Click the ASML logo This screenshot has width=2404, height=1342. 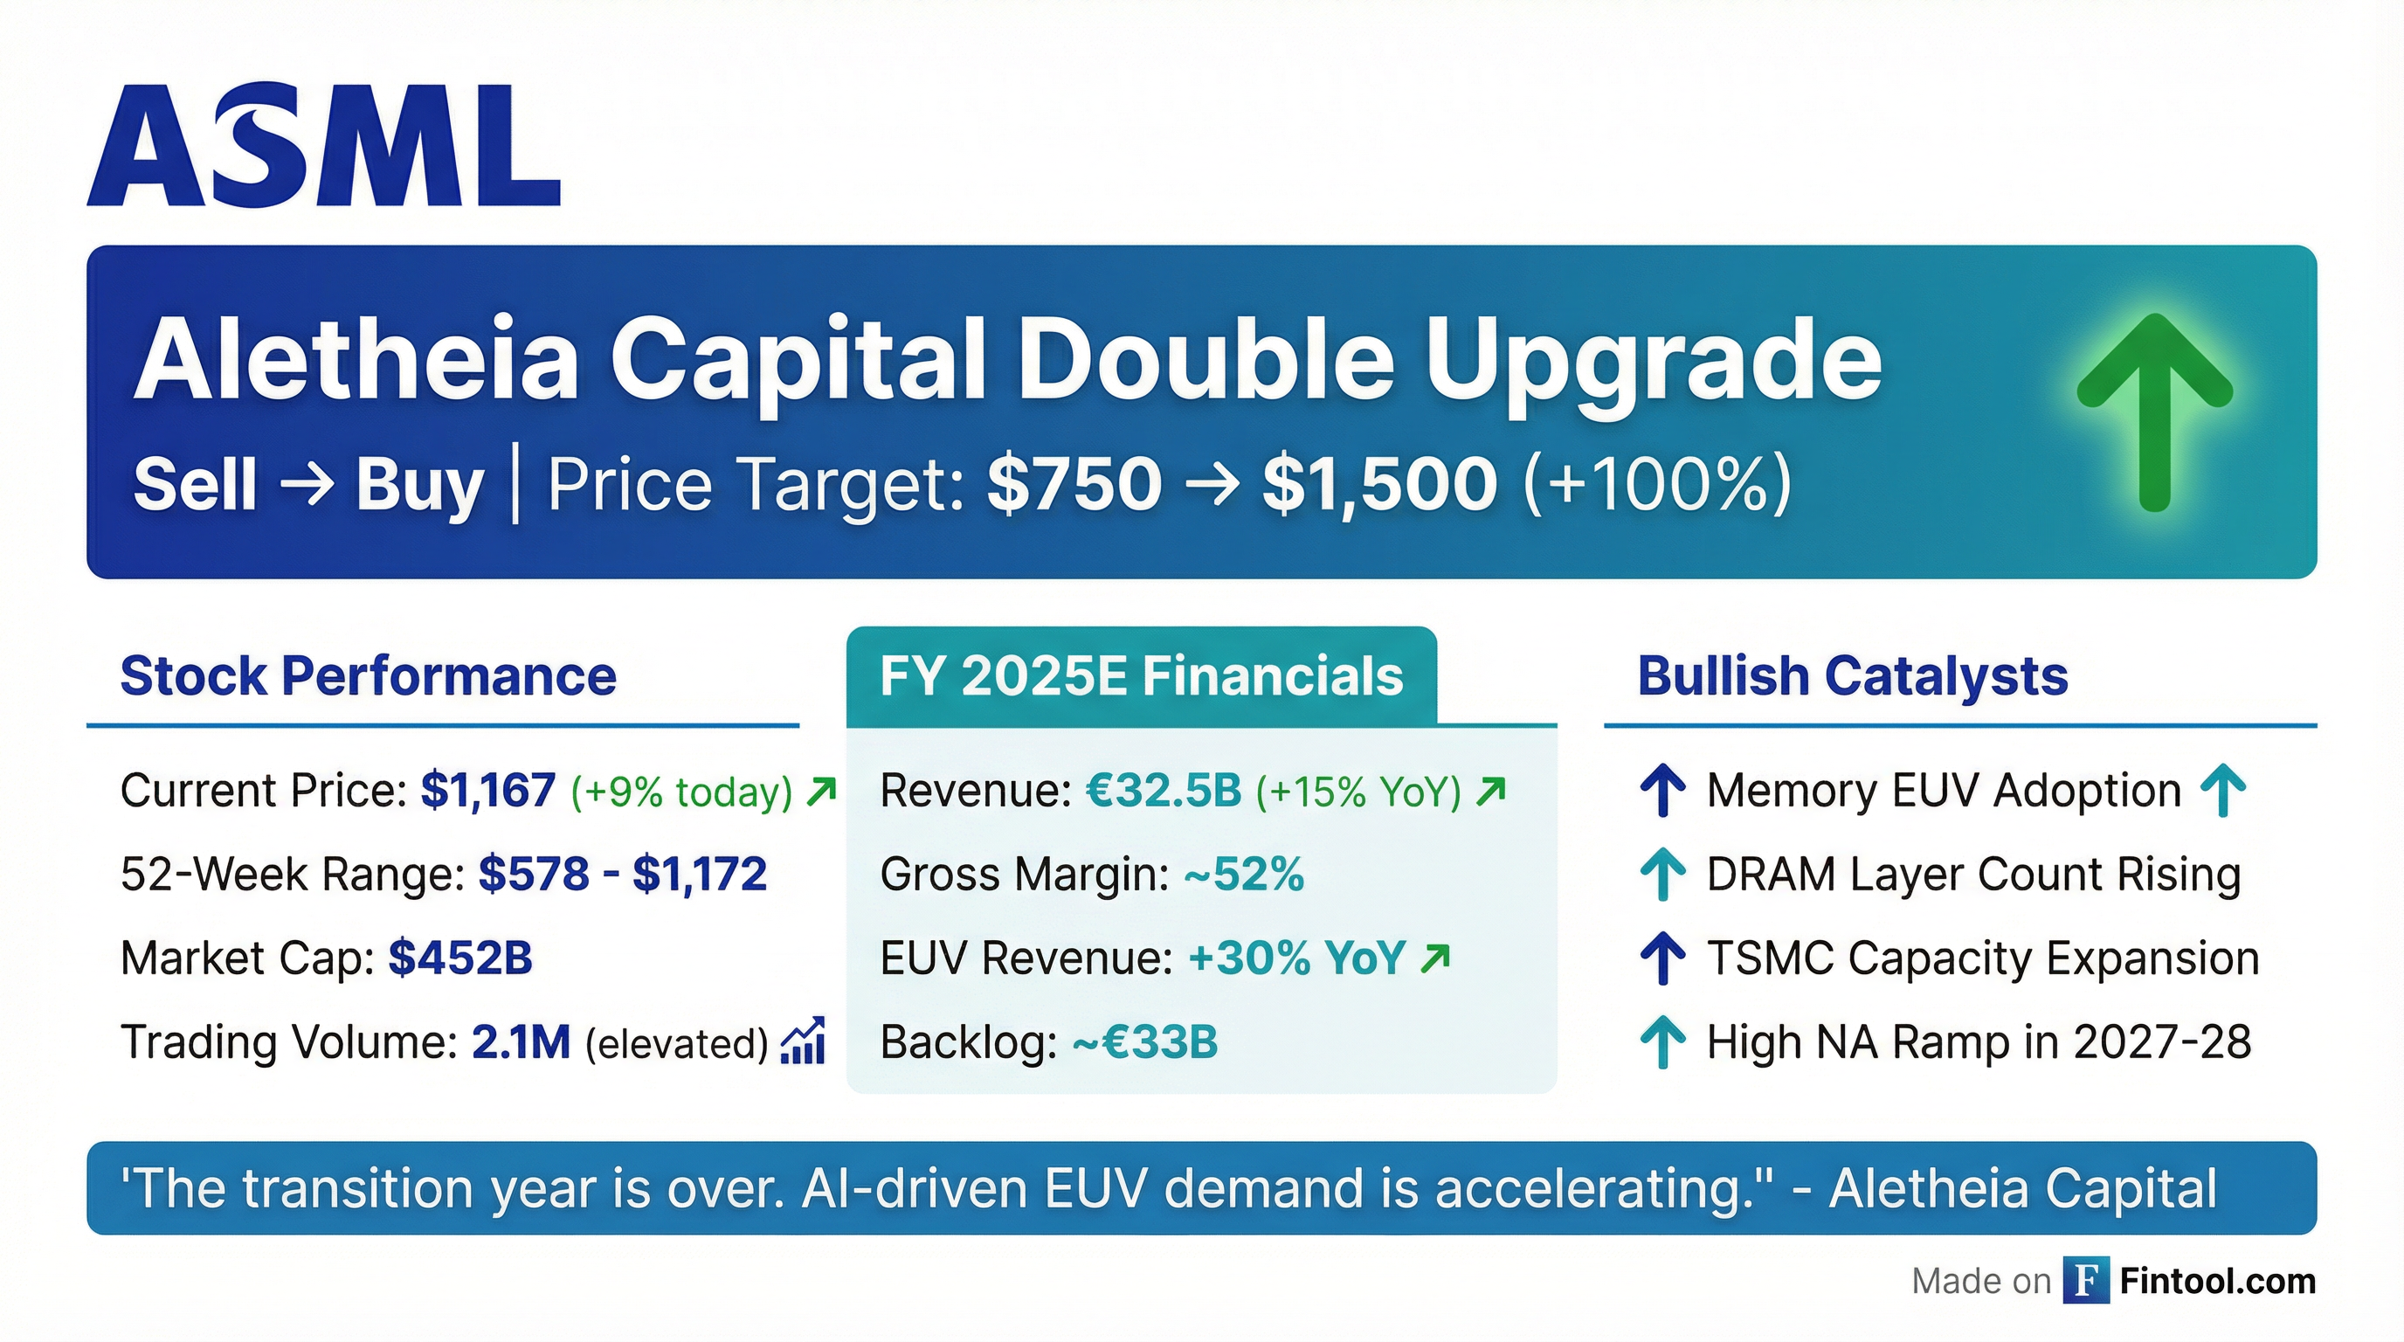point(323,146)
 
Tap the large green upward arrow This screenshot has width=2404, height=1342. point(2154,411)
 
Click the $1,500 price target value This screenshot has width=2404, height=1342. point(1379,484)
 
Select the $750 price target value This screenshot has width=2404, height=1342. point(1074,484)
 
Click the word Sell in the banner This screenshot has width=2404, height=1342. point(195,484)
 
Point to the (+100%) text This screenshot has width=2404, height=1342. point(1657,484)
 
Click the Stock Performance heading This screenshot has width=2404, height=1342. point(368,675)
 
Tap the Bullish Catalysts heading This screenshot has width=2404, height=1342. point(1853,675)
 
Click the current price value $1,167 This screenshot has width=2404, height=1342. point(488,791)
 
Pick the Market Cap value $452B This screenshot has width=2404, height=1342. point(460,958)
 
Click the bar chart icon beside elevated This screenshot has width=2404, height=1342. point(803,1041)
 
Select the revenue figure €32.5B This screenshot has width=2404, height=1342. point(1164,791)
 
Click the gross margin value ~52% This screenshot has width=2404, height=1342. point(1243,875)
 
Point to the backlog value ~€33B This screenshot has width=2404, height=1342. point(1145,1042)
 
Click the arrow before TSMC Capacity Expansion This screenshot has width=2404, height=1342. point(1662,958)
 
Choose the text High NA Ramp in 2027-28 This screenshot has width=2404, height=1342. point(1979,1042)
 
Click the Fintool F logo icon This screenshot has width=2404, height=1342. point(2086,1282)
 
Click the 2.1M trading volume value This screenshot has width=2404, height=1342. point(521,1042)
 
